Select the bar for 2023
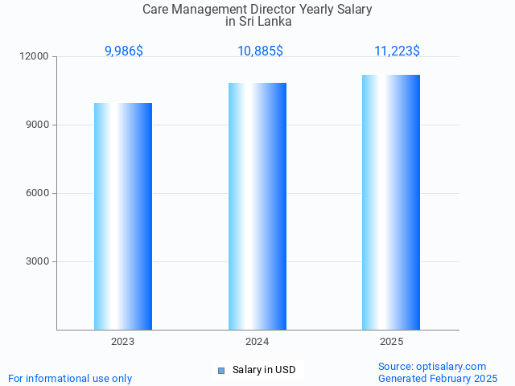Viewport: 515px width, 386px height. click(123, 216)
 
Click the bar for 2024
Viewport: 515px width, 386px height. click(257, 206)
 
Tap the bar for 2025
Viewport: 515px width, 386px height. click(391, 202)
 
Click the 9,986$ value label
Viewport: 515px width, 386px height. click(124, 51)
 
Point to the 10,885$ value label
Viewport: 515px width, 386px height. click(260, 51)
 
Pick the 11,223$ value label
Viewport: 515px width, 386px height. click(397, 51)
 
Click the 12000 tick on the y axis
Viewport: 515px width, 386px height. click(35, 57)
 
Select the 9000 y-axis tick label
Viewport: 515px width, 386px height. click(37, 125)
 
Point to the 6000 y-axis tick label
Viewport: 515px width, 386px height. click(37, 194)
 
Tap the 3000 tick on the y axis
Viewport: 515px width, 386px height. click(37, 262)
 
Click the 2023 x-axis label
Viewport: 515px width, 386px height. click(123, 342)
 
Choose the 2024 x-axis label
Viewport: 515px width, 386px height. click(257, 342)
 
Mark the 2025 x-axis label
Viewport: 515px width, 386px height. click(391, 342)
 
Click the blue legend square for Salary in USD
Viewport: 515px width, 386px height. click(221, 370)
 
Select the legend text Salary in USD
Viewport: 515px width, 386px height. click(264, 370)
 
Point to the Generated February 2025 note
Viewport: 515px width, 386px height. click(438, 378)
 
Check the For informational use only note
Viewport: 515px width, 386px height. click(70, 378)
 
